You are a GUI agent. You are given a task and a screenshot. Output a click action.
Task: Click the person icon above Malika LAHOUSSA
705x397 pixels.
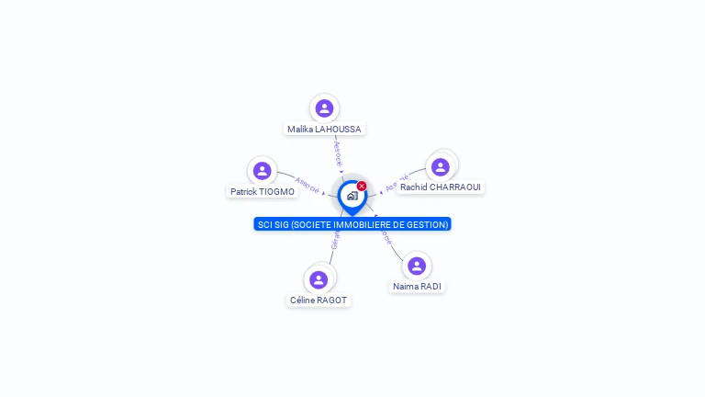point(324,108)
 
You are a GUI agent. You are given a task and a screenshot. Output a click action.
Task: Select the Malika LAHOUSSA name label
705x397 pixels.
point(324,130)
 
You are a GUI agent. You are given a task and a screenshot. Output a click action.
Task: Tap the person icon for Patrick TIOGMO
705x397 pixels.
point(262,171)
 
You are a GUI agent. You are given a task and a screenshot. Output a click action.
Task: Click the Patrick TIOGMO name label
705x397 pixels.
point(263,192)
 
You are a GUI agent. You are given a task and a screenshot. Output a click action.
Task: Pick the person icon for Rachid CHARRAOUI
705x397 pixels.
point(441,166)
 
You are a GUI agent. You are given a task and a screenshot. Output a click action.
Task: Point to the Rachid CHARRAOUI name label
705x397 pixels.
point(441,187)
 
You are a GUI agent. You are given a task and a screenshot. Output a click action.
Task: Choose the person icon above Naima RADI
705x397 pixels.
point(417,266)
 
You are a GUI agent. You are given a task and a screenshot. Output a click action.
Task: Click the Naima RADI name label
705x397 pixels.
point(417,287)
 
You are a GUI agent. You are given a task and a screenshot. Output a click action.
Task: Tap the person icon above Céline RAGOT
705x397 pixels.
point(319,279)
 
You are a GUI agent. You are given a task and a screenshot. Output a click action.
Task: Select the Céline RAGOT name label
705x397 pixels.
point(319,301)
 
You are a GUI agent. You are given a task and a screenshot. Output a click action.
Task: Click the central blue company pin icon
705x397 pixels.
point(352,196)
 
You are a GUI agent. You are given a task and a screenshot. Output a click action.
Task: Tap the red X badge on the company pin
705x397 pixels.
point(362,187)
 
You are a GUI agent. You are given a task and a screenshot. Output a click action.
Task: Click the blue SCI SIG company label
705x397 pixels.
point(352,224)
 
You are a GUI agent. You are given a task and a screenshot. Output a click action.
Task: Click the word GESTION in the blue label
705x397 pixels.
point(427,224)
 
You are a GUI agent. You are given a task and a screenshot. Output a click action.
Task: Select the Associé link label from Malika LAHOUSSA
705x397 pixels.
point(337,153)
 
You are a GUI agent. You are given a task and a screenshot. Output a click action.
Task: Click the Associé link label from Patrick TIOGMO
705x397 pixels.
point(308,185)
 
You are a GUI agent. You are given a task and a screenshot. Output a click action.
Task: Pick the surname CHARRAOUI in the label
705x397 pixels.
point(455,187)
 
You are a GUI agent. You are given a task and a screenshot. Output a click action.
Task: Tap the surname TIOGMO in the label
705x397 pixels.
point(276,192)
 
